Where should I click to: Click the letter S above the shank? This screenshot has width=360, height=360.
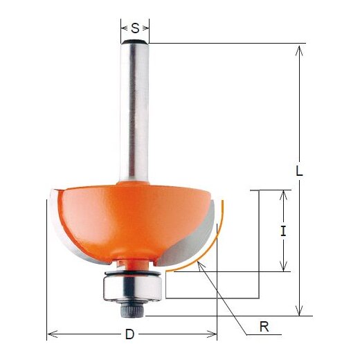coord(135,28)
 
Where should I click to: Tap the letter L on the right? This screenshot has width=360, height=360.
coord(299,174)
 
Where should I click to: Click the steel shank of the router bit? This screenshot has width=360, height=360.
coord(135,111)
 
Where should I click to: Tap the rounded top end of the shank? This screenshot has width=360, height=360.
coord(135,44)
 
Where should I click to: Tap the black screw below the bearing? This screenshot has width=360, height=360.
coord(132,310)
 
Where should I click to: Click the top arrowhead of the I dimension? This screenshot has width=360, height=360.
coord(283,195)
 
